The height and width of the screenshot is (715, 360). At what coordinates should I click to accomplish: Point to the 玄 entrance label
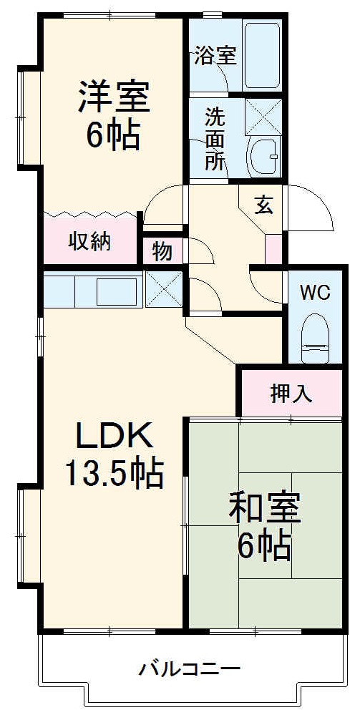tap(263, 205)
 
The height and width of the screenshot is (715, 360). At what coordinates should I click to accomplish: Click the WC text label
tap(315, 293)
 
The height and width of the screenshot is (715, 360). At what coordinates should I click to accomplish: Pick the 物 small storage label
tap(162, 251)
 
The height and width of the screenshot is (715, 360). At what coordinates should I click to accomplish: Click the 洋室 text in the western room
tap(114, 98)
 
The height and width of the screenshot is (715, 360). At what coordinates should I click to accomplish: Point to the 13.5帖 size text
tap(114, 472)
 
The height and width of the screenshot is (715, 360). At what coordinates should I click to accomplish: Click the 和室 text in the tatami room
tap(265, 508)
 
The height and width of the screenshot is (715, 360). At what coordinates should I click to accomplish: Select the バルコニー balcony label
tap(189, 670)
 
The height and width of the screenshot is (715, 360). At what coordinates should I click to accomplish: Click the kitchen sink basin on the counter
tap(117, 291)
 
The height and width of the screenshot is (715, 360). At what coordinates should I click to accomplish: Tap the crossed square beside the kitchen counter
tap(164, 289)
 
